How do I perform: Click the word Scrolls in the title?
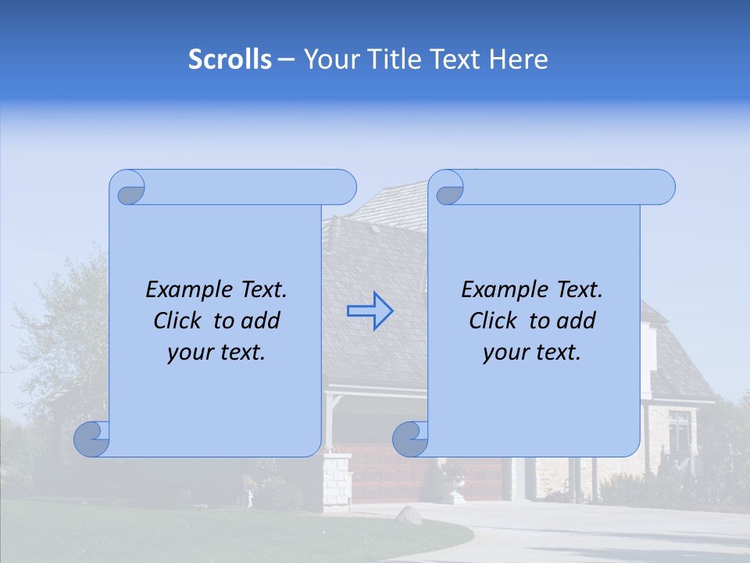(x=230, y=59)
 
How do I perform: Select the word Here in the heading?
(x=518, y=59)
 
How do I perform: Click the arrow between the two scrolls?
(x=370, y=310)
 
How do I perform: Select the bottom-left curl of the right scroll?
(x=411, y=439)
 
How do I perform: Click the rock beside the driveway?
(x=407, y=514)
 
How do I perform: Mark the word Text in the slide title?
(x=454, y=59)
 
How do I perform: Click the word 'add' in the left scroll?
(x=261, y=321)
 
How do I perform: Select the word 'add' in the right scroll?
(x=577, y=321)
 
